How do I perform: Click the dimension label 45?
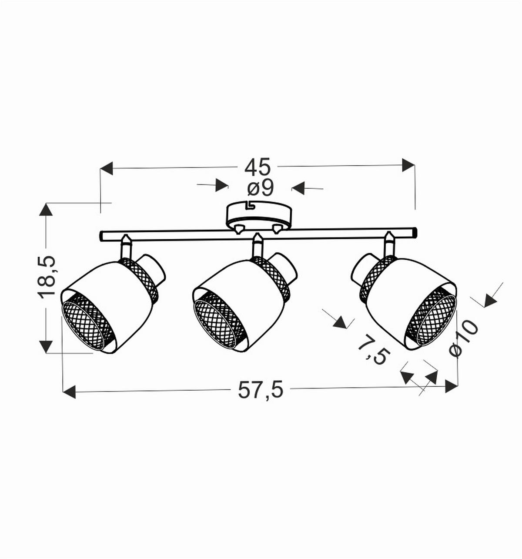(258, 167)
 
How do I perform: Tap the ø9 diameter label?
(261, 187)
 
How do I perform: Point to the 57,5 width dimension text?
(261, 390)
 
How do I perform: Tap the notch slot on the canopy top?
(250, 205)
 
